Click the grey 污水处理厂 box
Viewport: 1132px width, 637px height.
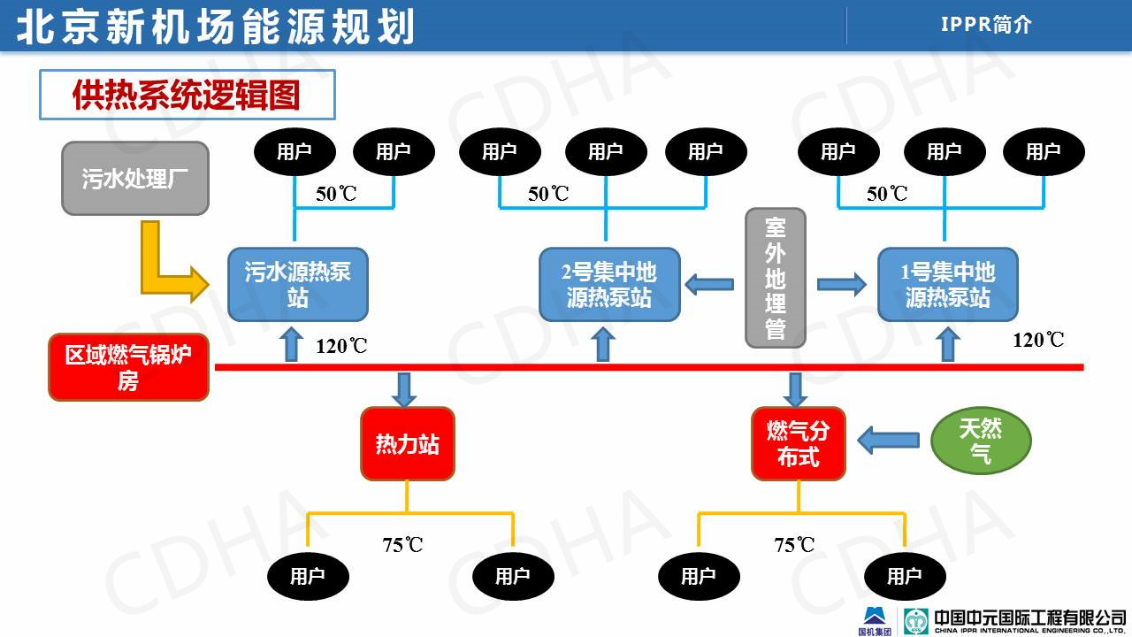135,178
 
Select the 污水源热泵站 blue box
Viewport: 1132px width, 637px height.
297,284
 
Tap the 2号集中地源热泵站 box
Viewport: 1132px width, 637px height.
609,284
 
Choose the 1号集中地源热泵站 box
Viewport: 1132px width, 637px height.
947,284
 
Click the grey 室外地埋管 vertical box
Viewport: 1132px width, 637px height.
775,278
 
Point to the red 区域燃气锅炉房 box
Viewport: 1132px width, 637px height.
129,368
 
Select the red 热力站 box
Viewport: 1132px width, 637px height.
407,443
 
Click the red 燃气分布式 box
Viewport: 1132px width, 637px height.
798,443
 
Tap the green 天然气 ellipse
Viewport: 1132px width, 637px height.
981,441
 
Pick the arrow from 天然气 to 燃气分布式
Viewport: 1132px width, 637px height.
888,439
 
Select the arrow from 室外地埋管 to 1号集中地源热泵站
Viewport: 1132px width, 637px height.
841,284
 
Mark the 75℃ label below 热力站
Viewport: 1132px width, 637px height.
402,545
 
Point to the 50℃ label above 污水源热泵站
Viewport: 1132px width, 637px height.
336,194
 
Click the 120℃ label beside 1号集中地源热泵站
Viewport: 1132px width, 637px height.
1038,340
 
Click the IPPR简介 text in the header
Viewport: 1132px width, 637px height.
986,25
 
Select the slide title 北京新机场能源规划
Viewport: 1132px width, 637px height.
216,27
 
